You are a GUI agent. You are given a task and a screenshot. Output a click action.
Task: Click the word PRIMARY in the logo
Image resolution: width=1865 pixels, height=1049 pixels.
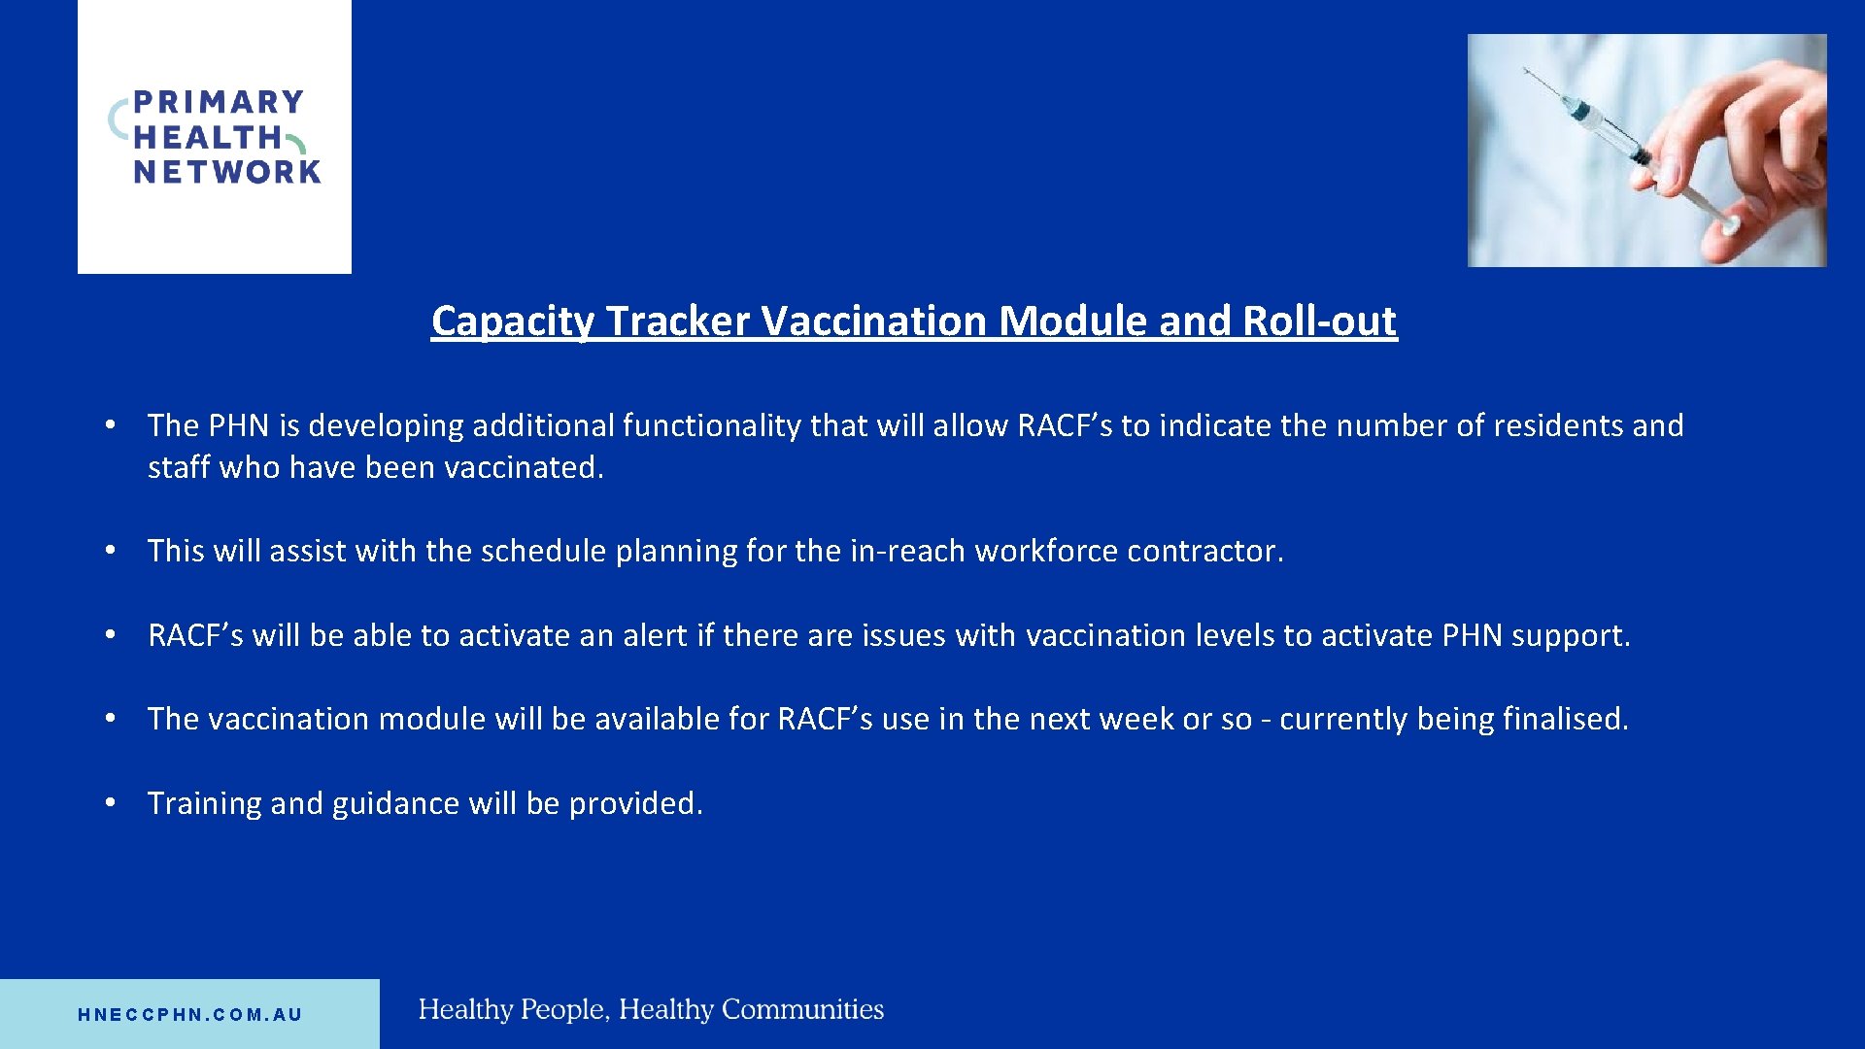click(218, 102)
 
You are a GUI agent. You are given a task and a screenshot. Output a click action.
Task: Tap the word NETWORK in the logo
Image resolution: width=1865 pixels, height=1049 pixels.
click(227, 173)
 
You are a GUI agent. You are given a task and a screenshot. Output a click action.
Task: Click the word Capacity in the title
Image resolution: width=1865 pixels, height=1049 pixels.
click(512, 321)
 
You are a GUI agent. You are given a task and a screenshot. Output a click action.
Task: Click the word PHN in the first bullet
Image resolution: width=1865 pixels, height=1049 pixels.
click(238, 426)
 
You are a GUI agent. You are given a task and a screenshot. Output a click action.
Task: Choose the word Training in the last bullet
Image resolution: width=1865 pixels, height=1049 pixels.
click(204, 804)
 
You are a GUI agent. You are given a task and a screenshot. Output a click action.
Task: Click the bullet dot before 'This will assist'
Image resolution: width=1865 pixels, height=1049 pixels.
click(112, 551)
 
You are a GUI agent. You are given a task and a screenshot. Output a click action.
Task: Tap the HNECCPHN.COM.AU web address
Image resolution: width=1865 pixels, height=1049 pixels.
click(190, 1015)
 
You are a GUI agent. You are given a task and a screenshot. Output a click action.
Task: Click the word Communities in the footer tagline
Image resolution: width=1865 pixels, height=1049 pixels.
click(802, 1010)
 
